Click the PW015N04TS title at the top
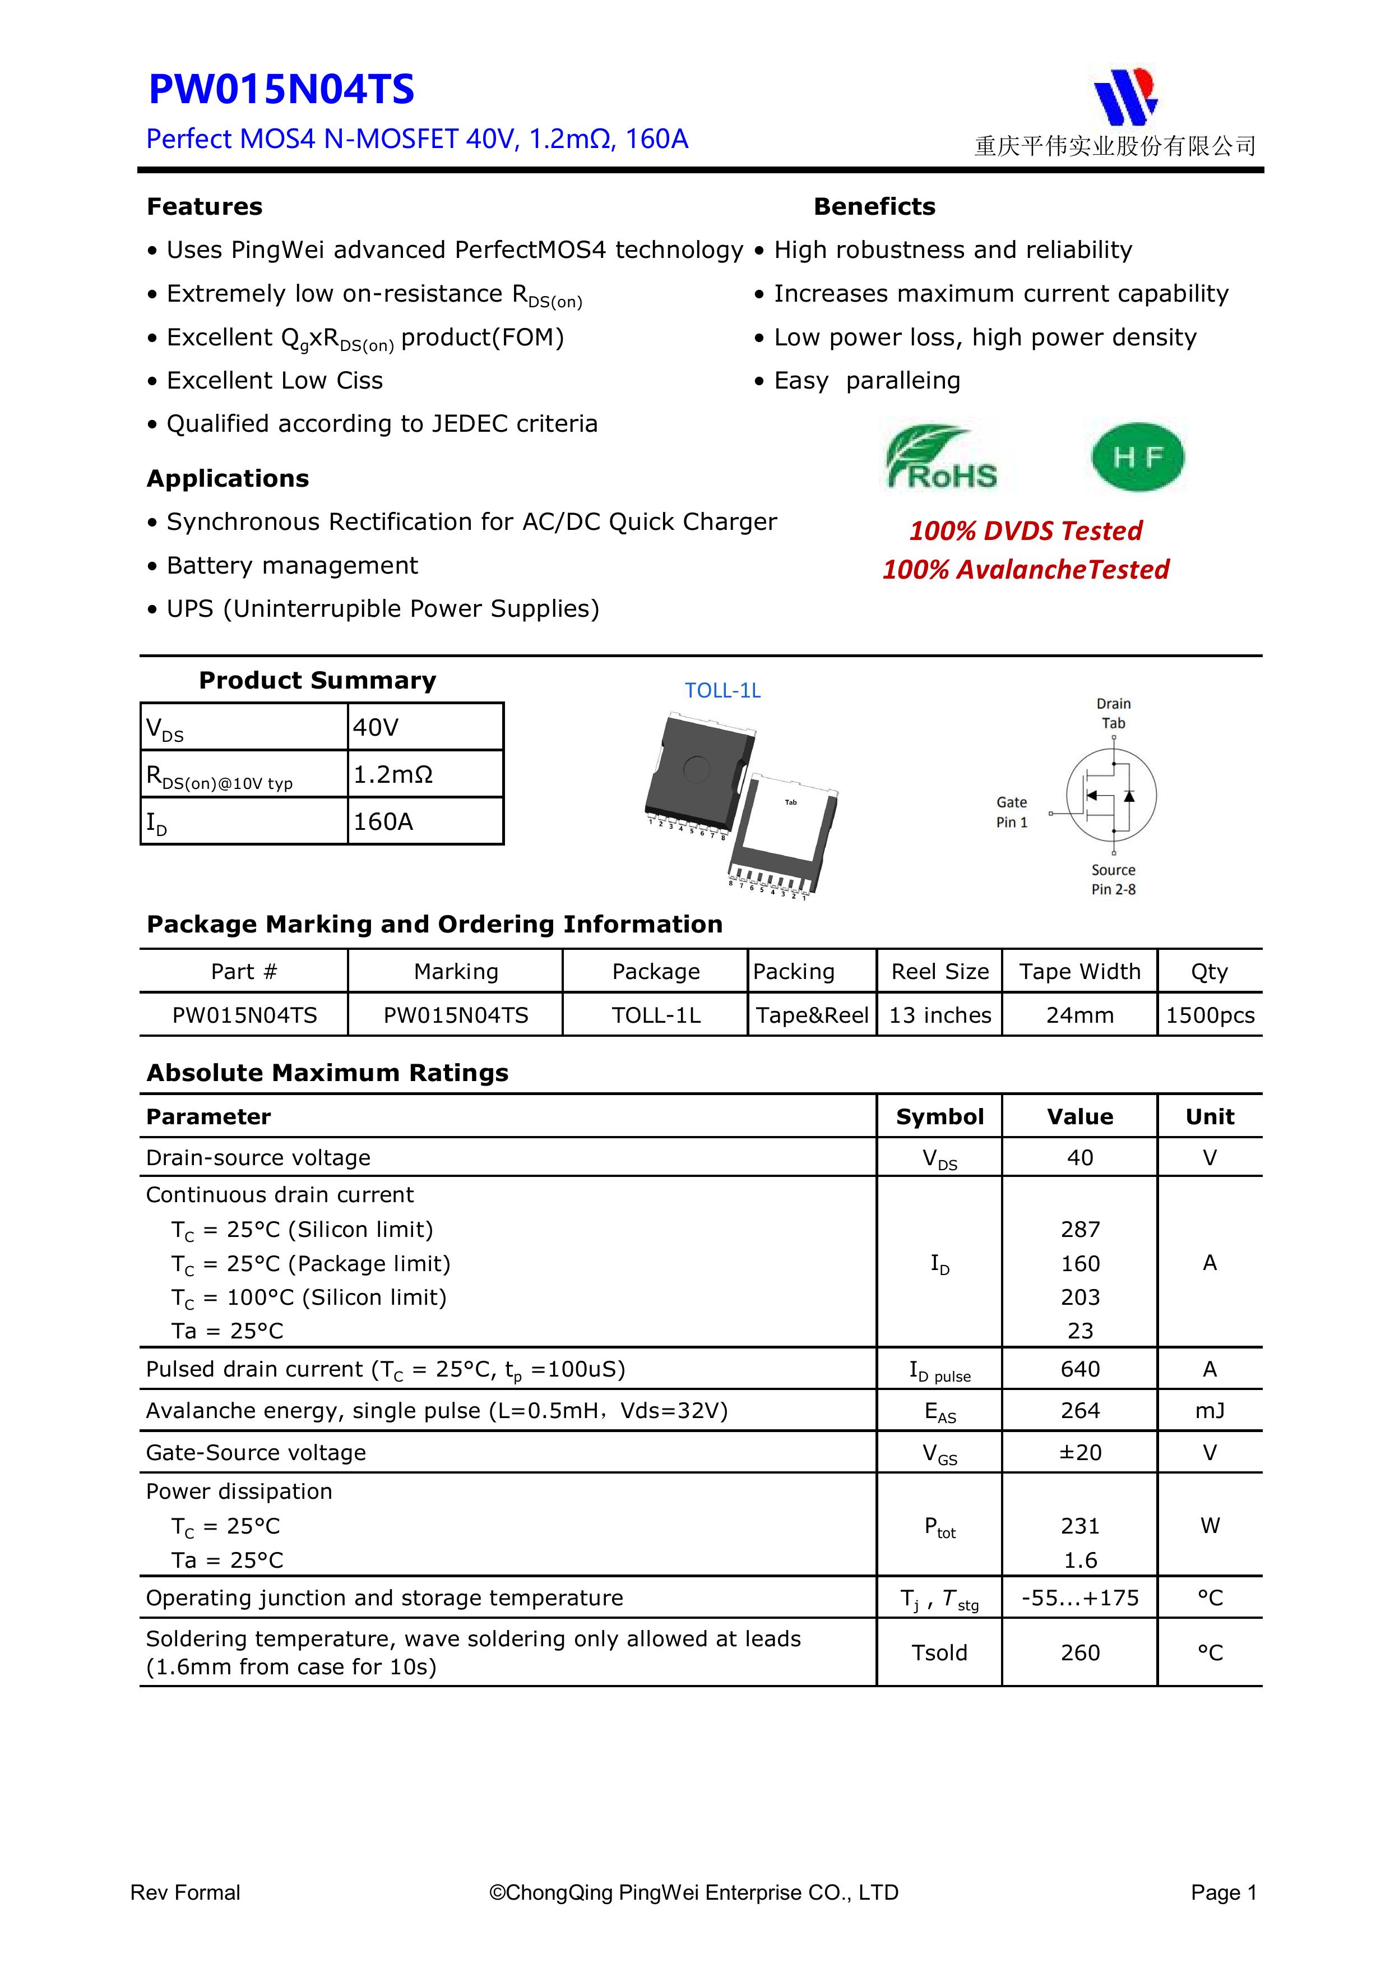click(281, 90)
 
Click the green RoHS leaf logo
click(940, 456)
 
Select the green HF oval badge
click(1137, 456)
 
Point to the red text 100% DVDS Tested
click(1025, 530)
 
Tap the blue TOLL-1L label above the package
click(722, 690)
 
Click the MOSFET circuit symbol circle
click(1111, 795)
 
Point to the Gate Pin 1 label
click(1012, 812)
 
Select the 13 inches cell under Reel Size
click(939, 1015)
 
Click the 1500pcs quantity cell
click(1210, 1015)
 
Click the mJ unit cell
click(1210, 1410)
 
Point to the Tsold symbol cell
click(939, 1652)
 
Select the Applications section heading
click(228, 478)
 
